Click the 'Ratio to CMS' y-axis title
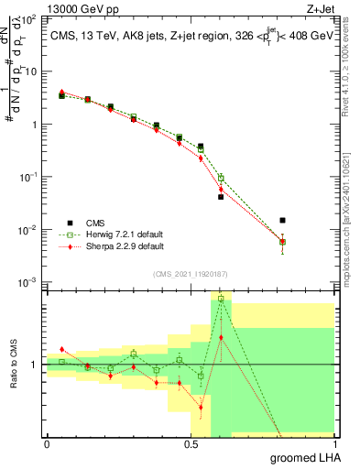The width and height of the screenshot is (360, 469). pyautogui.click(x=14, y=364)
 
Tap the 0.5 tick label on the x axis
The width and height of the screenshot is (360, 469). pyautogui.click(x=191, y=443)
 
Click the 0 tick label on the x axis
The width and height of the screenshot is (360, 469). pyautogui.click(x=47, y=443)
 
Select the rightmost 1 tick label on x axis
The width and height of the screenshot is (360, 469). pyautogui.click(x=336, y=443)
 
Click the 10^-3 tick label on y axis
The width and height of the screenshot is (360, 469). pyautogui.click(x=27, y=281)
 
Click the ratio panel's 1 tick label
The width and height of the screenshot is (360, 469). pyautogui.click(x=34, y=365)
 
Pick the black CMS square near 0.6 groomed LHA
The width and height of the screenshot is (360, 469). pyautogui.click(x=221, y=197)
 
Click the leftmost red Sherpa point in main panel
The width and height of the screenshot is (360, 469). pyautogui.click(x=61, y=92)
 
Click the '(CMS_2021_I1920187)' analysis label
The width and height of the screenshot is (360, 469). pyautogui.click(x=191, y=274)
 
